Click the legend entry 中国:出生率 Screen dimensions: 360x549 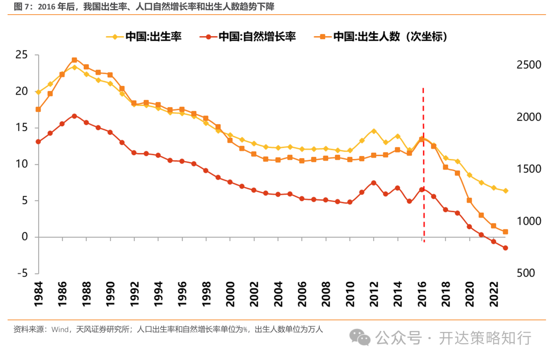tap(144, 37)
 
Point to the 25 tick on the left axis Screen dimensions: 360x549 tap(22, 55)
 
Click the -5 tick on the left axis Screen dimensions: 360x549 tap(22, 274)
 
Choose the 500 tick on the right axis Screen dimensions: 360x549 tap(526, 274)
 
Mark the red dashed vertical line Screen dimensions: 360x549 tap(423, 163)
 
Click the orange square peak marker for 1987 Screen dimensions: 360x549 tap(74, 60)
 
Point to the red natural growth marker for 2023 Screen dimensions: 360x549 tap(505, 248)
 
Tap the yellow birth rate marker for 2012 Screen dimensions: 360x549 tap(374, 131)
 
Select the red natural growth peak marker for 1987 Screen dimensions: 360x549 tap(74, 116)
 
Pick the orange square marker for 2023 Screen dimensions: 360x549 tap(505, 232)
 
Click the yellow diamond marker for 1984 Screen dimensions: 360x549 tap(38, 92)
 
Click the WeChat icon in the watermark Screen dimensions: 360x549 tap(363, 337)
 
